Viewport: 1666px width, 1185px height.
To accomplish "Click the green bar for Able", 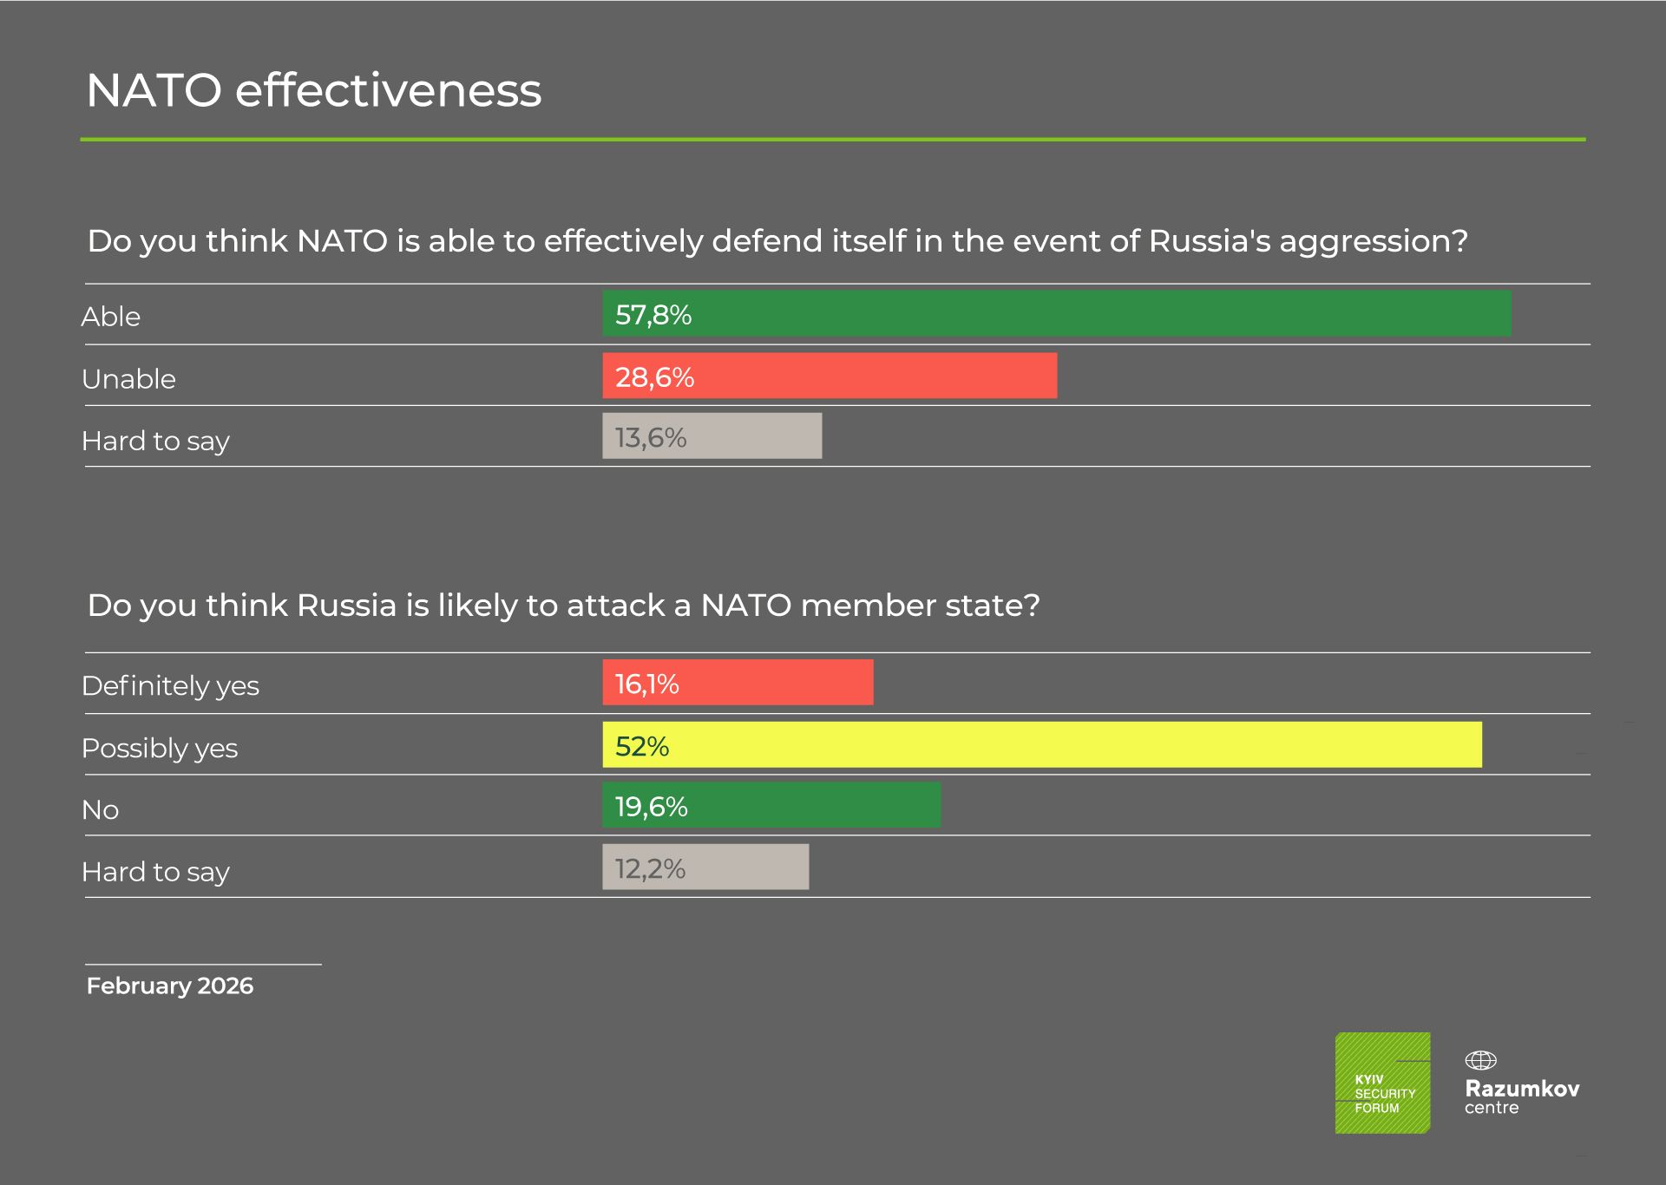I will [x=1057, y=314].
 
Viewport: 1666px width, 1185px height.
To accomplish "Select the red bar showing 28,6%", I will [x=830, y=376].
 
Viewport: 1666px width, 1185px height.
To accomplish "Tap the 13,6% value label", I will [x=651, y=437].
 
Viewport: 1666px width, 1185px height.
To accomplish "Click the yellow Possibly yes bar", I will [x=1041, y=745].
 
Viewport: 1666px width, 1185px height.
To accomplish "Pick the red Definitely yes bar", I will [x=738, y=683].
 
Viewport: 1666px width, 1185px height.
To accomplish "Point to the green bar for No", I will [x=771, y=806].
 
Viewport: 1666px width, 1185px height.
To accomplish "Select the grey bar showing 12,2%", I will [x=705, y=867].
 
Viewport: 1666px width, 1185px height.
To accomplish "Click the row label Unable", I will [x=128, y=379].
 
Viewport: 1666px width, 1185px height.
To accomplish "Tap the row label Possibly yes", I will [x=160, y=748].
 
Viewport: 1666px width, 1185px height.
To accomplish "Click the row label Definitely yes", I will [x=170, y=686].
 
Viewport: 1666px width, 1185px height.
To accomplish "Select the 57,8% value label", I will [x=653, y=315].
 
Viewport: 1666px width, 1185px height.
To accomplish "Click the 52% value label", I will [x=642, y=746].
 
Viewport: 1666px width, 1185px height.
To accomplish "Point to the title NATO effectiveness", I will [x=313, y=90].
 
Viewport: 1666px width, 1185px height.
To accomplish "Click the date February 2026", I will [x=170, y=986].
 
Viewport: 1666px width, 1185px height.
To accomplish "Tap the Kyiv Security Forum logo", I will [x=1382, y=1083].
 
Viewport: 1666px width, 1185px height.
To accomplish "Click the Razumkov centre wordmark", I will [x=1522, y=1097].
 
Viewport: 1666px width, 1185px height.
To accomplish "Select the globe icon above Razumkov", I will [x=1480, y=1060].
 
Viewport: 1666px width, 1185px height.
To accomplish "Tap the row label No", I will [x=100, y=810].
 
